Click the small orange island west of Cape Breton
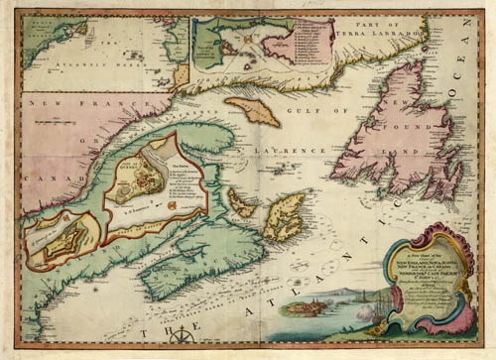(242, 202)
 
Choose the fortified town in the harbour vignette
(298, 307)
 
